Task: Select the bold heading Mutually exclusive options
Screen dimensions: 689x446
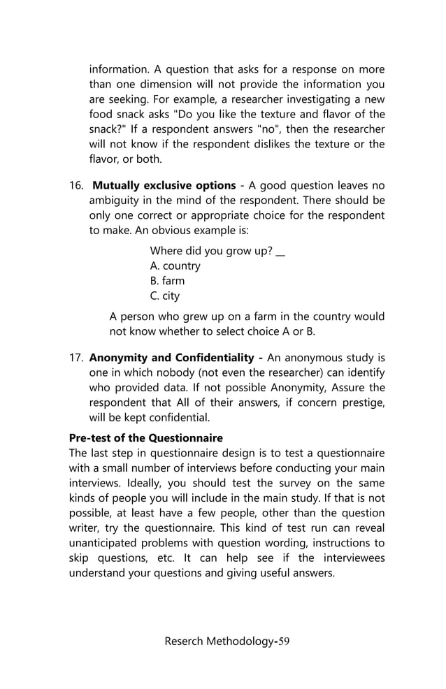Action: coord(164,186)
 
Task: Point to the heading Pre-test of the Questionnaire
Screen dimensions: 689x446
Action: coord(145,438)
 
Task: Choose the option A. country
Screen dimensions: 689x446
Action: coord(175,266)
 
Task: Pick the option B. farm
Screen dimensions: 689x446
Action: coord(167,281)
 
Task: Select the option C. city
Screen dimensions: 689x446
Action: coord(165,296)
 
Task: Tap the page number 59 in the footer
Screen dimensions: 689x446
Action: coord(285,642)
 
